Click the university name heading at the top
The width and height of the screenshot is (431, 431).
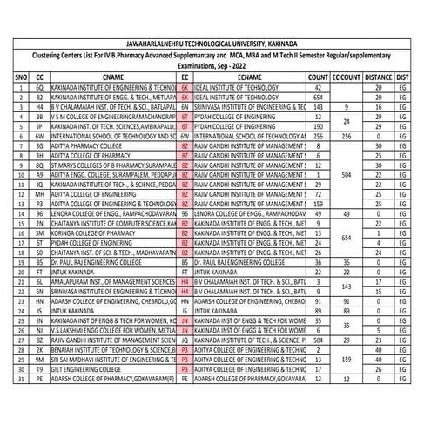pyautogui.click(x=215, y=41)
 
